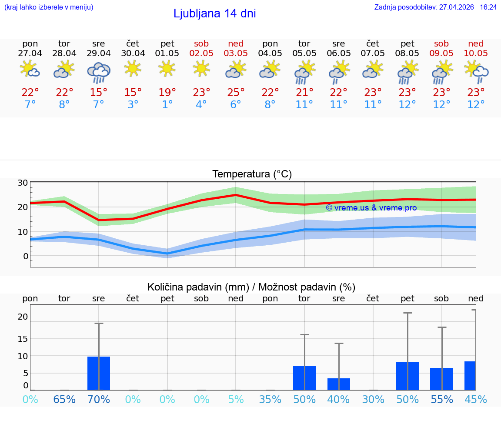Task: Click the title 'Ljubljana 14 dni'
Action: tap(214, 13)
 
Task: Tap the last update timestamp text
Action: tap(435, 7)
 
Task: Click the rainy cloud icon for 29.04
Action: tap(99, 72)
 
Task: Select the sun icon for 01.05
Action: tap(167, 68)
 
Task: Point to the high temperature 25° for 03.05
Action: tap(236, 93)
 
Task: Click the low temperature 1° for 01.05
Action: tap(167, 105)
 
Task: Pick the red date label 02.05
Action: tap(201, 53)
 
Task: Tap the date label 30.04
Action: tap(133, 53)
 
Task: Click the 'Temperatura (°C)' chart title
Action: tap(252, 174)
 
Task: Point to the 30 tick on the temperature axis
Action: tap(23, 183)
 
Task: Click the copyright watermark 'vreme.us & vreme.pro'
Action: tap(371, 208)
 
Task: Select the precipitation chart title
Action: tap(251, 287)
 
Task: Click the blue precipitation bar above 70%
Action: tap(99, 373)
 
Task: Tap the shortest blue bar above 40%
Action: tap(339, 384)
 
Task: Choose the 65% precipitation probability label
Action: tap(64, 400)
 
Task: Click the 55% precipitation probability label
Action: tap(442, 400)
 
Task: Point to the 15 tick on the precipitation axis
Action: tap(23, 338)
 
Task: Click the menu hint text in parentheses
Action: tap(48, 7)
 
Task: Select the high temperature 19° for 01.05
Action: tap(167, 93)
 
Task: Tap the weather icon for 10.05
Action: tap(476, 71)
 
